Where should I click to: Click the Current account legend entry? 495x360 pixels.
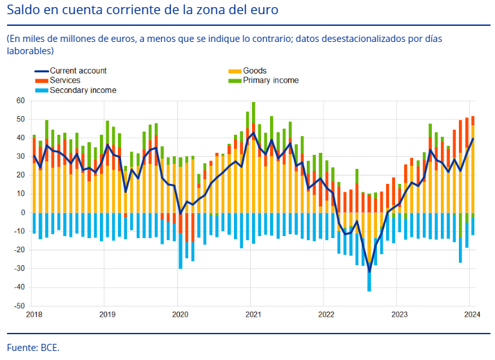click(x=78, y=71)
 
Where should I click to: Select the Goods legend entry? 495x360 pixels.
click(x=255, y=71)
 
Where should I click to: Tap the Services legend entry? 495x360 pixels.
click(x=65, y=81)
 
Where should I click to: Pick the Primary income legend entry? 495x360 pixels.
click(x=271, y=81)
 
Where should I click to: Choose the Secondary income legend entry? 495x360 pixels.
click(x=82, y=90)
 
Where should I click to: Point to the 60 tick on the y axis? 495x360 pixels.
click(x=20, y=101)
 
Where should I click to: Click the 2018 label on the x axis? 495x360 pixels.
click(x=34, y=315)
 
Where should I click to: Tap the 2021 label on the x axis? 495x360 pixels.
click(x=253, y=315)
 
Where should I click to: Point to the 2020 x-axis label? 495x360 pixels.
click(x=180, y=315)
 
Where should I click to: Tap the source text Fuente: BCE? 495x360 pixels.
click(x=33, y=347)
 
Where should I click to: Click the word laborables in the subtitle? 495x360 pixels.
click(x=30, y=50)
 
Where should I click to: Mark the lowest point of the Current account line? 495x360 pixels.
click(x=369, y=272)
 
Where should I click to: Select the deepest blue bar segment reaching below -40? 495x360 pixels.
click(x=369, y=278)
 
